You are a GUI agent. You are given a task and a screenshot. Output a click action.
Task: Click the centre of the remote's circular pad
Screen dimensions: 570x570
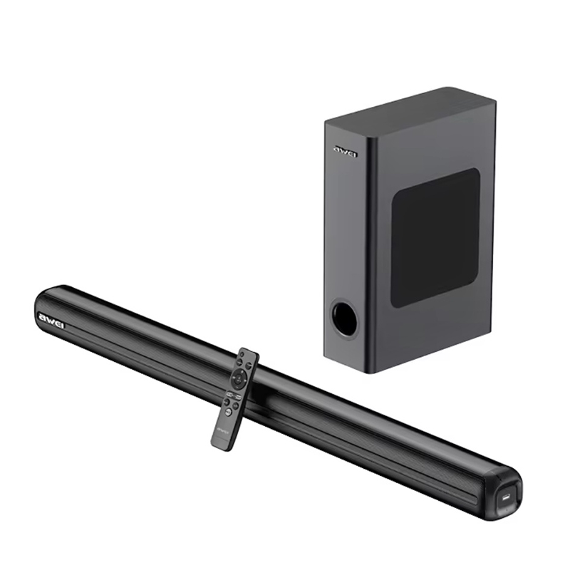coord(239,379)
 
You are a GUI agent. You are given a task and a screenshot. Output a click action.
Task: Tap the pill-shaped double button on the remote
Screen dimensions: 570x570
coord(234,396)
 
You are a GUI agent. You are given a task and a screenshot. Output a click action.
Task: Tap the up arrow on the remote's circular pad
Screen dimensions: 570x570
coord(242,372)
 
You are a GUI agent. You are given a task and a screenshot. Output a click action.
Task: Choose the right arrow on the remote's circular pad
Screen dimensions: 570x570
coord(245,380)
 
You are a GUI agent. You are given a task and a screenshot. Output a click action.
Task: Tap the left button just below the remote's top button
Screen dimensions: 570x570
coord(239,362)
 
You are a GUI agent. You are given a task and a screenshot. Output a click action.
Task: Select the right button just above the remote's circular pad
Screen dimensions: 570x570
coord(249,365)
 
